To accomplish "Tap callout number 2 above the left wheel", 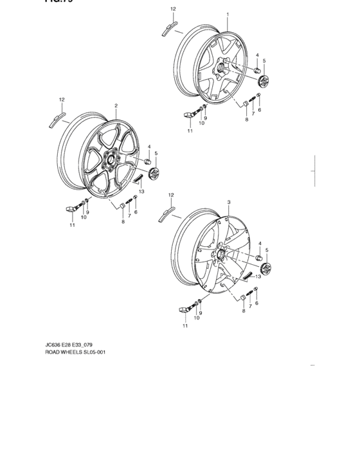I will coord(116,105).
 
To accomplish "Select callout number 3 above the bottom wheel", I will coord(228,202).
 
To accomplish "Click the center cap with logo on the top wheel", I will coord(264,82).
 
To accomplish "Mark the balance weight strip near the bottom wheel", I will coord(166,213).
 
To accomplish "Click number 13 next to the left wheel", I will coord(141,192).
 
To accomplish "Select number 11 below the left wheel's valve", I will coord(71,226).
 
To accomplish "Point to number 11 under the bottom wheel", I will coord(184,326).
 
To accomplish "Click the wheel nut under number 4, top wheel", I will coord(256,70).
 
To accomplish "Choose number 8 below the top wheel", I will coord(246,119).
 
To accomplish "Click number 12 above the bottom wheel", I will coord(170,194).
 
